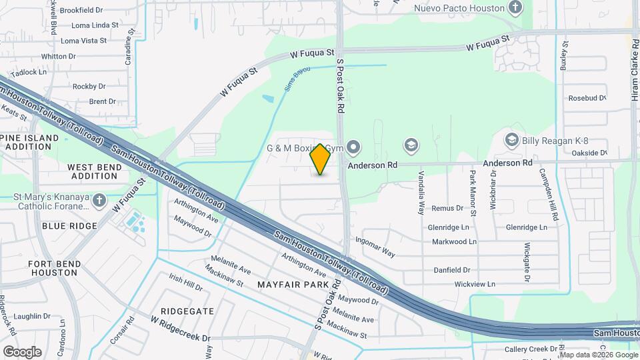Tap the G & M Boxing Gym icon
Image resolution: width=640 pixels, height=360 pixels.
click(353, 146)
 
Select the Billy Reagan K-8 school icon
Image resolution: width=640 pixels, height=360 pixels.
click(511, 140)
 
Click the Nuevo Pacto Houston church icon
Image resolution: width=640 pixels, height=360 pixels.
click(515, 8)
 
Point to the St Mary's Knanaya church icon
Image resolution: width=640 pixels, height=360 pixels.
click(99, 200)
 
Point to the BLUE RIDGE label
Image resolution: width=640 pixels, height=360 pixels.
click(69, 226)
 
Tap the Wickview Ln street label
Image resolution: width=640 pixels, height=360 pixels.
click(475, 284)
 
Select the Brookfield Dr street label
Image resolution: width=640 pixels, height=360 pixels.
click(81, 11)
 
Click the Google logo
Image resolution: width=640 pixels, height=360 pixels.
click(22, 351)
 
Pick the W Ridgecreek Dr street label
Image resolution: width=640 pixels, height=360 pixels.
click(180, 329)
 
